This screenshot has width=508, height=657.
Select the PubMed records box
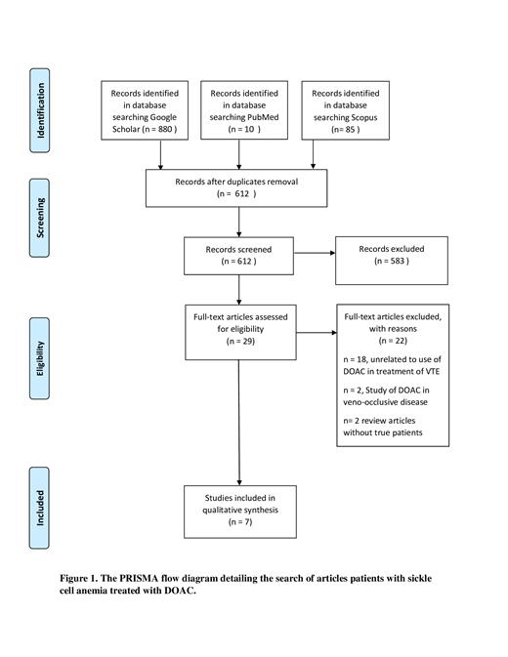tap(240, 109)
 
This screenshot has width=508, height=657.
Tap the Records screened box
tap(238, 255)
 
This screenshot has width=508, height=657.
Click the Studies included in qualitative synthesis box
tap(238, 509)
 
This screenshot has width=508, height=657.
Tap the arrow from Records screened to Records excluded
tap(313, 256)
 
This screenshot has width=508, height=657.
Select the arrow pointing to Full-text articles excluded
tap(315, 332)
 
